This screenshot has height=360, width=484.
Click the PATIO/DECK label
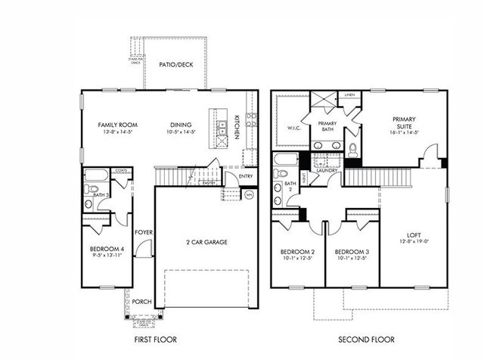(176, 65)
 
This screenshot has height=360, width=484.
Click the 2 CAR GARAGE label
(206, 243)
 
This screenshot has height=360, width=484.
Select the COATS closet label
(119, 172)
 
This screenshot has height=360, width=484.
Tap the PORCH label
(141, 302)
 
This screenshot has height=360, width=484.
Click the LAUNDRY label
(326, 171)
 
